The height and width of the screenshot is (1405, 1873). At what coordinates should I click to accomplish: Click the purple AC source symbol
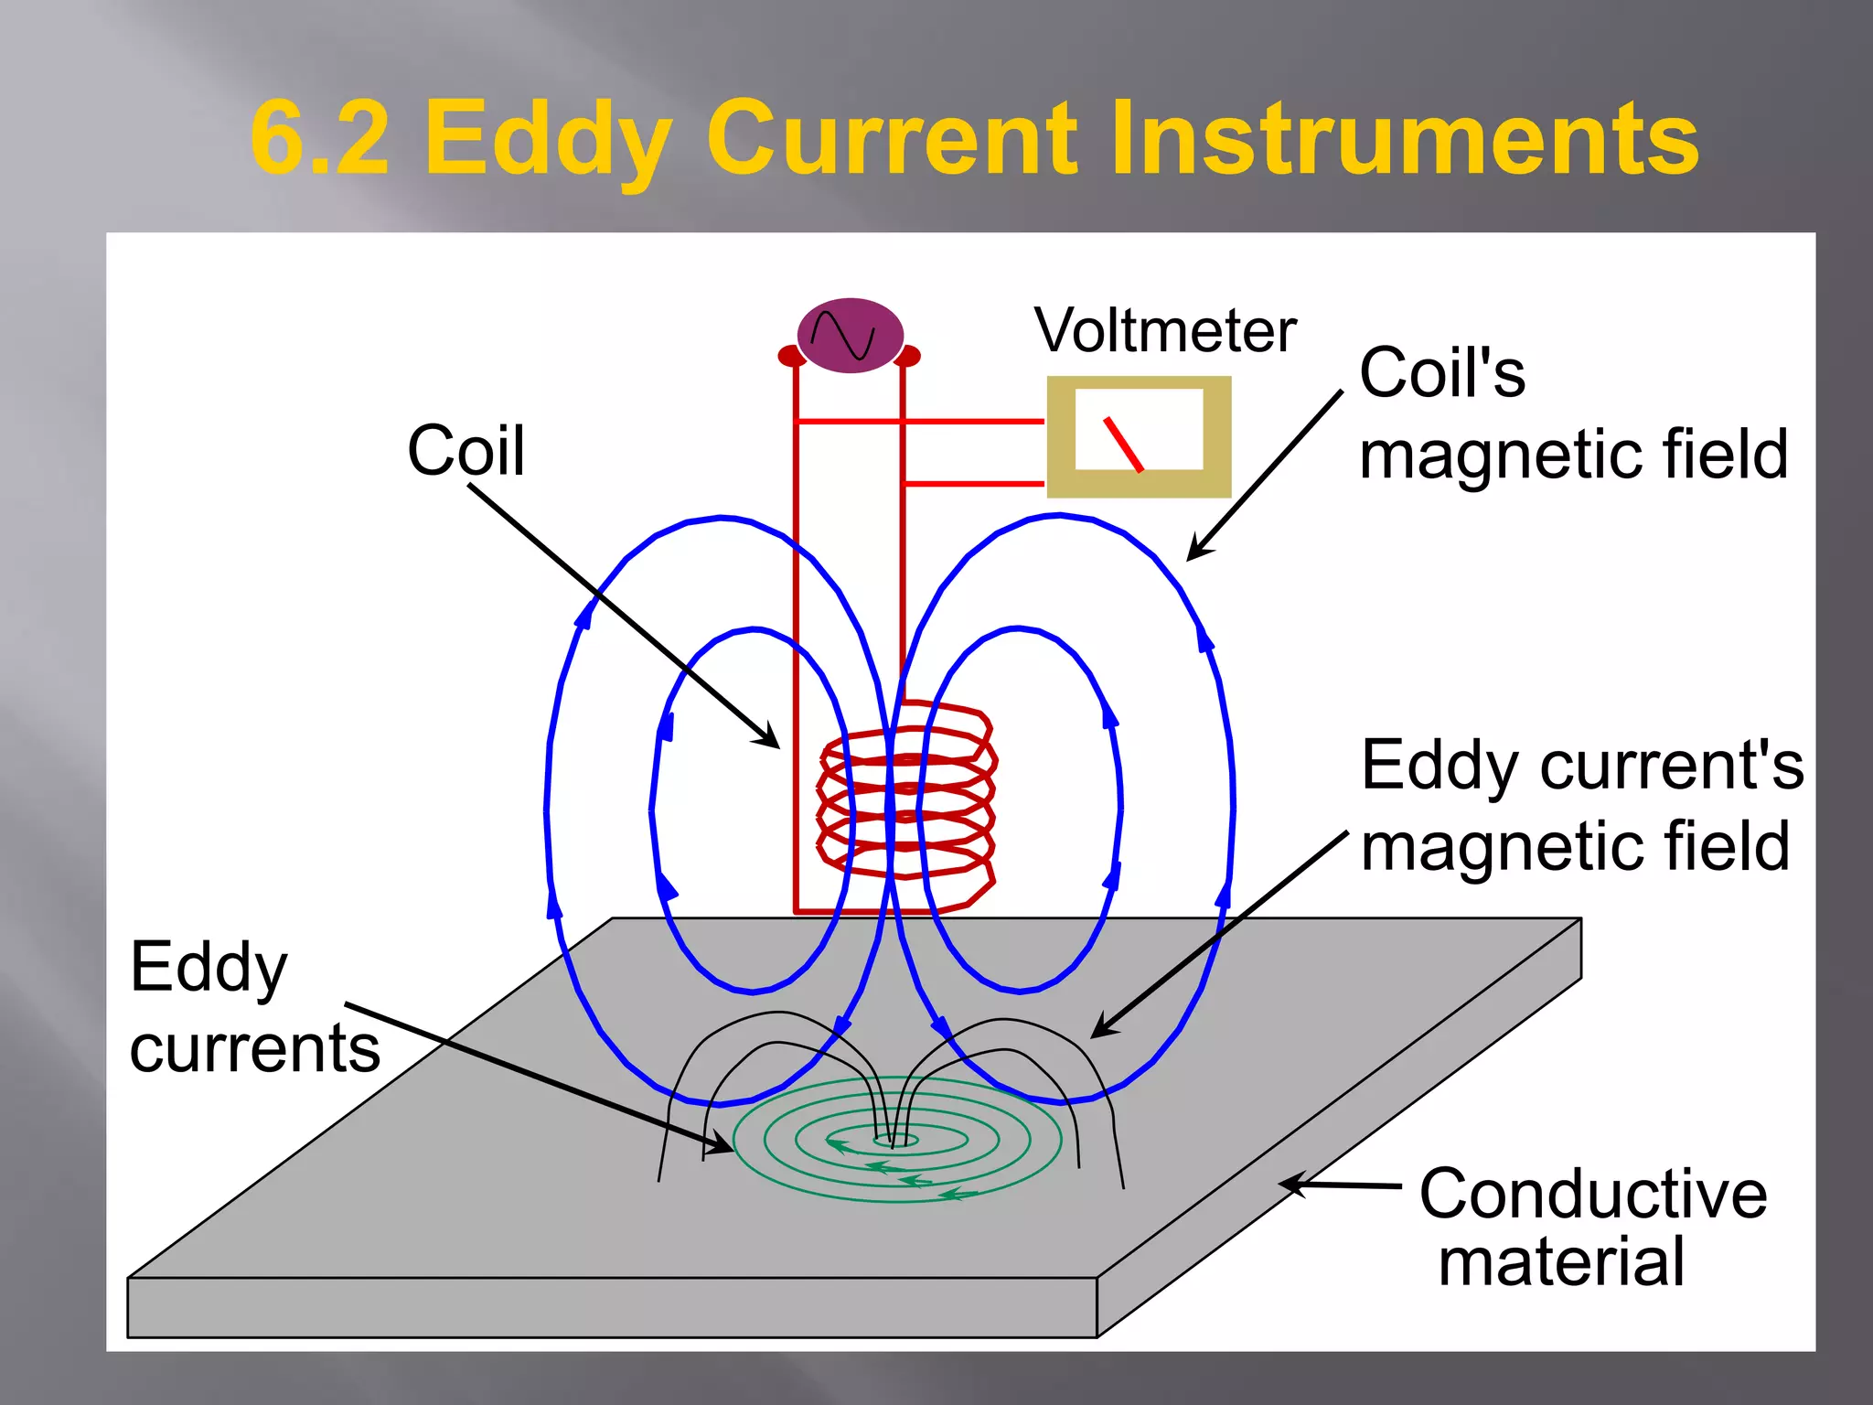tap(850, 335)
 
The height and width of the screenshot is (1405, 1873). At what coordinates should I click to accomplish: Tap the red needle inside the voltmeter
tap(1123, 445)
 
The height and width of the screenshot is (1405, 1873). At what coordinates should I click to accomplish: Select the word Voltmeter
tap(1165, 330)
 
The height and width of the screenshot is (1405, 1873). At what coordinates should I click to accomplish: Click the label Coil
tap(466, 451)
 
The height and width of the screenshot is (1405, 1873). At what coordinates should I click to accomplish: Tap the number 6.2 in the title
tap(320, 139)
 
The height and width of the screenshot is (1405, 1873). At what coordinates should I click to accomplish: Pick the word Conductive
tap(1592, 1194)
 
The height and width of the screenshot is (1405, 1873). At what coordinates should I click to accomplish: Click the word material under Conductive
tap(1561, 1262)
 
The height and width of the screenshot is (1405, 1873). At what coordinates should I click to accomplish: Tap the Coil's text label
tap(1442, 373)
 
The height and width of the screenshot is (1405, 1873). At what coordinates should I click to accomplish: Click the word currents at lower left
tap(255, 1048)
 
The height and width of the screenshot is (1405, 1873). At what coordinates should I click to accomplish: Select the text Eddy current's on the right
tap(1582, 765)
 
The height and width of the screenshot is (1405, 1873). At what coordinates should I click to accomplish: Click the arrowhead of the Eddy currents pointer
tap(722, 1144)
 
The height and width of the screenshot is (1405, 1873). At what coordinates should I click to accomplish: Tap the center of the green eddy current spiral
tap(895, 1140)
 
